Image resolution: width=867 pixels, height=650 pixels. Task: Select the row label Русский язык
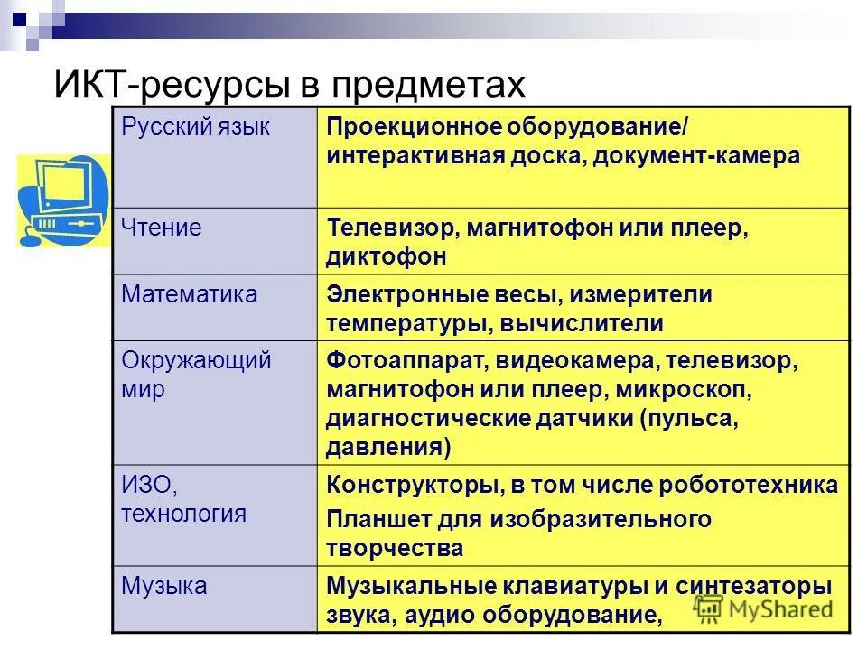196,126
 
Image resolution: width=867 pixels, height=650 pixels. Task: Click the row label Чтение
162,227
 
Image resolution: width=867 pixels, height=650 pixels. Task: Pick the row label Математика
190,294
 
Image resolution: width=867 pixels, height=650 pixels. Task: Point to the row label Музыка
164,586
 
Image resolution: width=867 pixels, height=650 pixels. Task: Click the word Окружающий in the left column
197,361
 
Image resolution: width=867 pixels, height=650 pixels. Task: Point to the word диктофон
387,256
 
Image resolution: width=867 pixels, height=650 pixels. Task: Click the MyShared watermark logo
763,609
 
